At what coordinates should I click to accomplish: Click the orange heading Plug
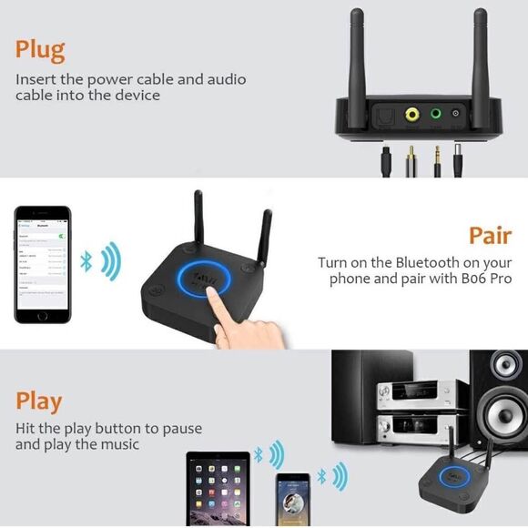[x=40, y=49]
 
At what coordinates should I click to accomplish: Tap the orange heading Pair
[x=490, y=236]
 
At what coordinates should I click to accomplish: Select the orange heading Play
[x=39, y=401]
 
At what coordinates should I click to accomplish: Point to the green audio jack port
[x=438, y=115]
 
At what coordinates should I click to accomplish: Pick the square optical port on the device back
[x=383, y=115]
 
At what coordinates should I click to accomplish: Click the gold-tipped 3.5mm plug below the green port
[x=438, y=156]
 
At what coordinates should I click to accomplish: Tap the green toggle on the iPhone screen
[x=63, y=236]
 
